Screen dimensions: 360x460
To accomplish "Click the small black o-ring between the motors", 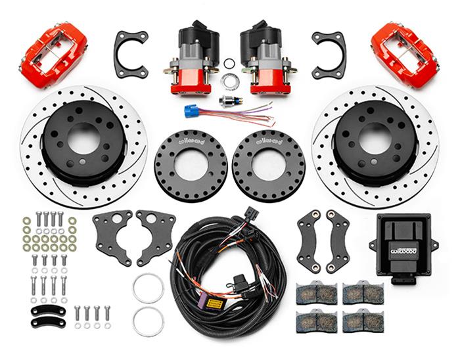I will (229, 64).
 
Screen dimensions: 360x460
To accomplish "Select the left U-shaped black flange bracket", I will (131, 53).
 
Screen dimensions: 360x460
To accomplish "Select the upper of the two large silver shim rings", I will (148, 288).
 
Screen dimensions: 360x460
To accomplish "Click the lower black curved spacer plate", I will (48, 322).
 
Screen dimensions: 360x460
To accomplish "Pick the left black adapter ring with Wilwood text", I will (191, 162).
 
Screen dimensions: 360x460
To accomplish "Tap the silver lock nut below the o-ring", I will (229, 81).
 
